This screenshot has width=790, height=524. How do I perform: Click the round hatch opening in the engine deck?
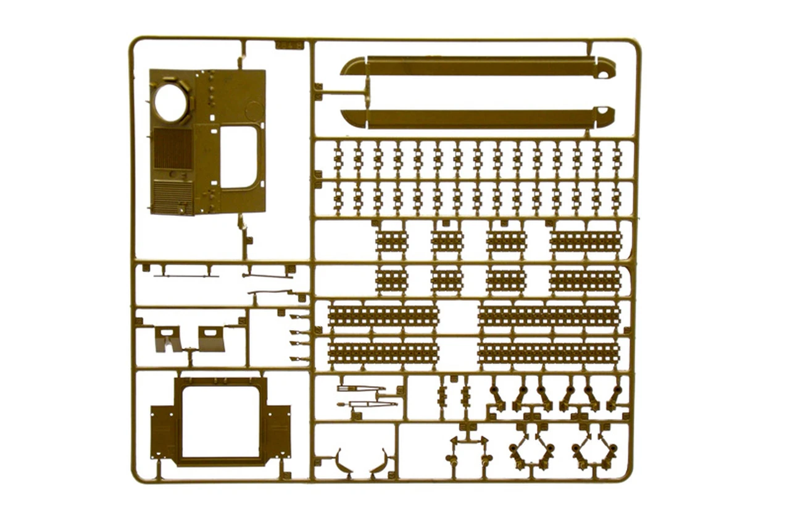click(x=171, y=103)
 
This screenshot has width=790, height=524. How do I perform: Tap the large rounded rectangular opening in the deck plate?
click(x=239, y=156)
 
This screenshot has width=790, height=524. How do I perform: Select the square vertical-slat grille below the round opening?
click(x=172, y=149)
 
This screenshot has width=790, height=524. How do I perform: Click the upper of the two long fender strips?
click(x=478, y=67)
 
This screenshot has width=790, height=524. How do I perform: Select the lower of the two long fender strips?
click(x=478, y=118)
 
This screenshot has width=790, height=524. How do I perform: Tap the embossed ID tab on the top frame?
click(x=289, y=45)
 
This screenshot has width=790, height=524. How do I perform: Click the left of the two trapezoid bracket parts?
click(x=167, y=338)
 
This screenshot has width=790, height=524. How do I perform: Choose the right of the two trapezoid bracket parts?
click(x=212, y=339)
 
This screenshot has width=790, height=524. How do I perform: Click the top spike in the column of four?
click(x=299, y=317)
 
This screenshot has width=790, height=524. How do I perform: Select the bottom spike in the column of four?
click(x=299, y=358)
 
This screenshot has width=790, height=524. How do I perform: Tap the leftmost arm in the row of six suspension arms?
click(x=497, y=399)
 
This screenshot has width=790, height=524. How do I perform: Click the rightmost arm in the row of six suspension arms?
click(x=614, y=399)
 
